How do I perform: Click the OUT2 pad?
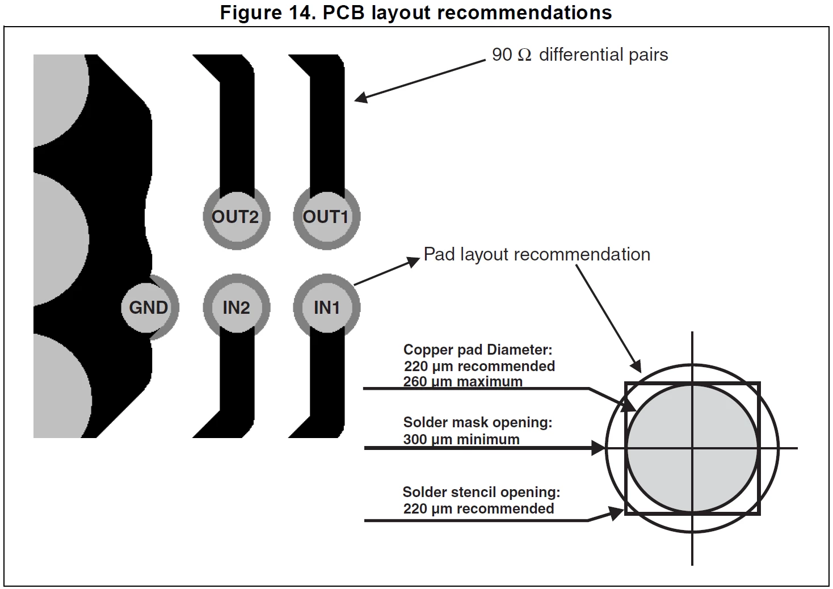237,217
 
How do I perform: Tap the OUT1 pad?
326,217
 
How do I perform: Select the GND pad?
149,308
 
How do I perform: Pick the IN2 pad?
237,308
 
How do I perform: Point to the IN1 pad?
326,308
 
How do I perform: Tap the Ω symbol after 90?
524,56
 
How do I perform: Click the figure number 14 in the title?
301,12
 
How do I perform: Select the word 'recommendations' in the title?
524,12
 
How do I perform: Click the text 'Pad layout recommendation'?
537,254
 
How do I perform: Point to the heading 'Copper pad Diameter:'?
478,350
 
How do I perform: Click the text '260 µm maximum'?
463,381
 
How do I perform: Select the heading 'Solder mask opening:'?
478,422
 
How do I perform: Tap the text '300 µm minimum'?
461,439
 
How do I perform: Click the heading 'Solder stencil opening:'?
481,492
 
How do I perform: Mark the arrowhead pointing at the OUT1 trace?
361,98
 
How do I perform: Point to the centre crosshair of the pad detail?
692,448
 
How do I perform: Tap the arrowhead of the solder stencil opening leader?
617,514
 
